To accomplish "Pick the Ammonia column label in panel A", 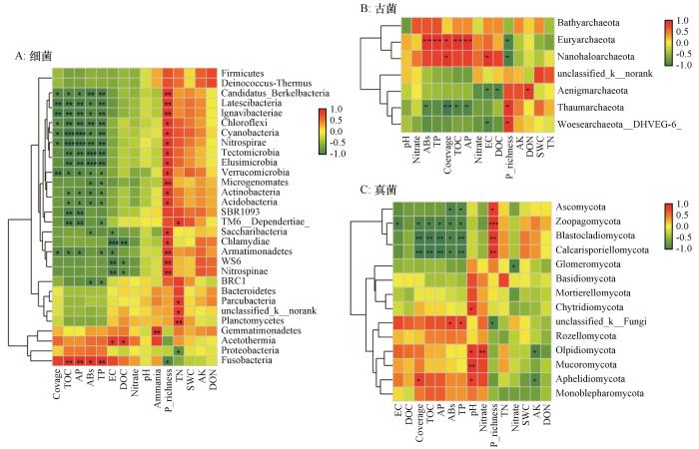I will [157, 388].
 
